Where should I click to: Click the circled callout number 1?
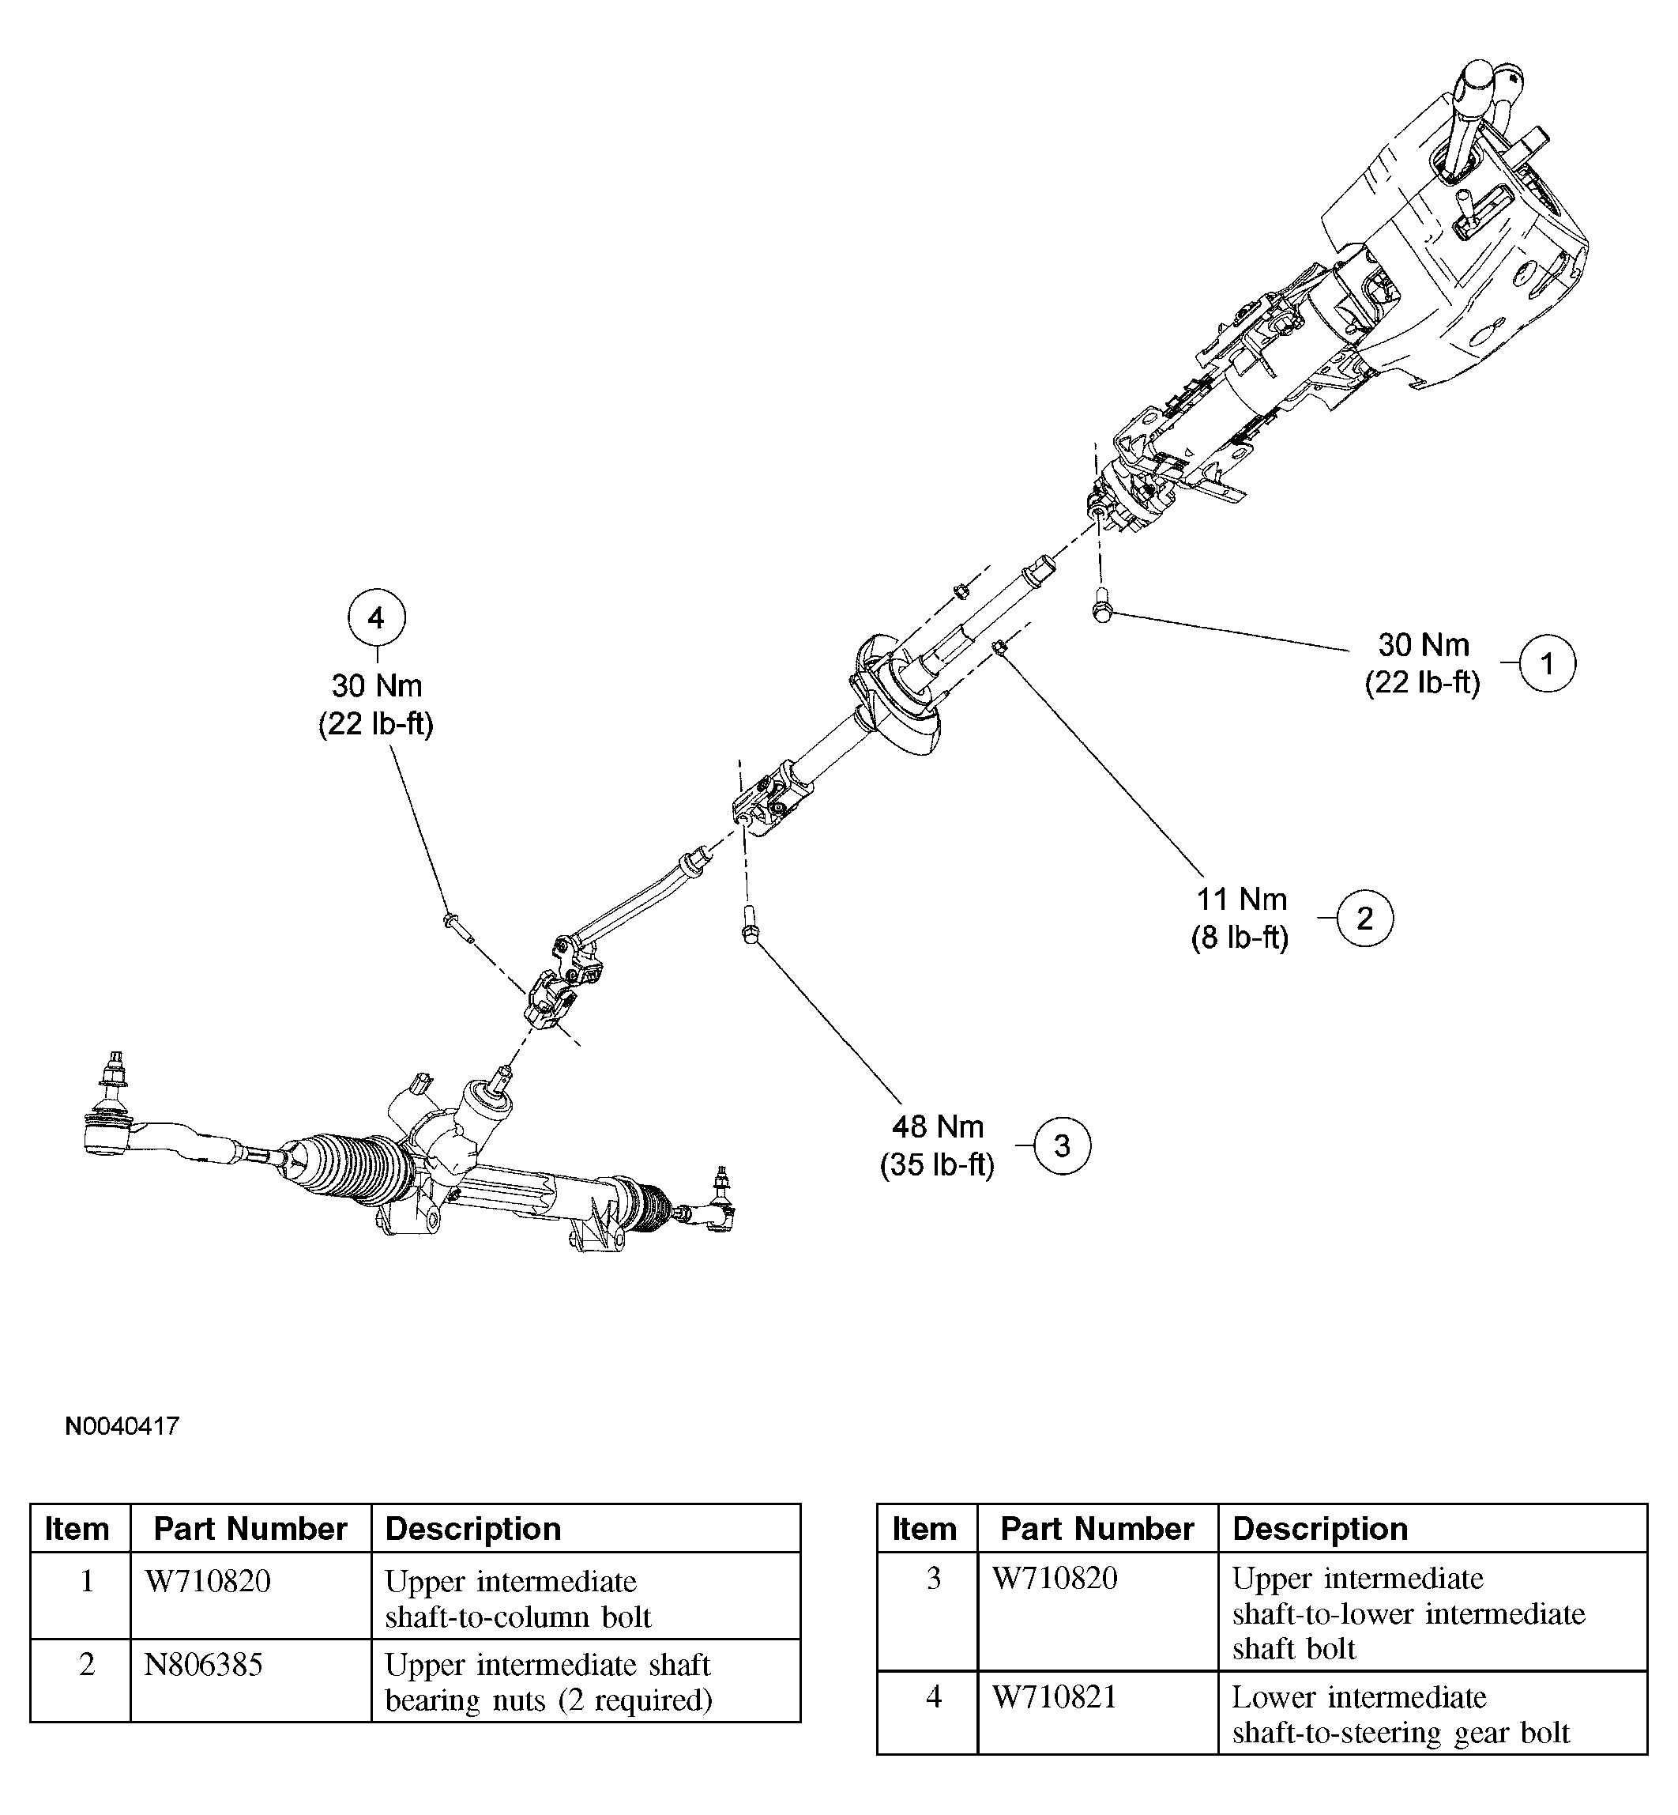[x=1546, y=663]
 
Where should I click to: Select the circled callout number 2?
[x=1364, y=919]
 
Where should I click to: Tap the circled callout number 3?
[x=1063, y=1146]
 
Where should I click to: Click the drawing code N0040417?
[x=122, y=1426]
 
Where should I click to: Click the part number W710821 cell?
[x=1053, y=1697]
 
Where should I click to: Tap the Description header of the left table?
[x=473, y=1529]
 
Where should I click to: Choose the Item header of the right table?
[x=924, y=1529]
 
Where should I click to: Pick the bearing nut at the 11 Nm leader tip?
[x=999, y=647]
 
